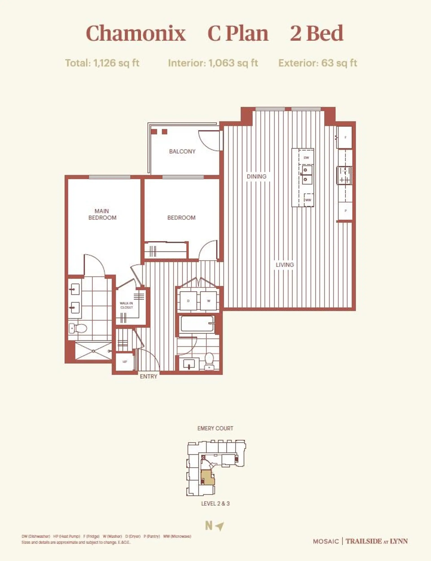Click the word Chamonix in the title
pyautogui.click(x=136, y=33)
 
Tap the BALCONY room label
pyautogui.click(x=182, y=151)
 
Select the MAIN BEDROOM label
pyautogui.click(x=102, y=214)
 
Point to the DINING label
pyautogui.click(x=256, y=176)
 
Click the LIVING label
pyautogui.click(x=285, y=265)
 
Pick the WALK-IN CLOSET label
pyautogui.click(x=126, y=305)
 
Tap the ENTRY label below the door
pyautogui.click(x=148, y=376)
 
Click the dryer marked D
pyautogui.click(x=188, y=301)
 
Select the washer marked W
pyautogui.click(x=209, y=301)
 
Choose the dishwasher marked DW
pyautogui.click(x=306, y=158)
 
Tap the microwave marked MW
pyautogui.click(x=308, y=200)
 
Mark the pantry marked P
pyautogui.click(x=345, y=211)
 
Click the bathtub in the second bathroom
pyautogui.click(x=197, y=324)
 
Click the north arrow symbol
pyautogui.click(x=220, y=526)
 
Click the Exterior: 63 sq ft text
pyautogui.click(x=318, y=63)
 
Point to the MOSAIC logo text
pyautogui.click(x=326, y=541)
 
